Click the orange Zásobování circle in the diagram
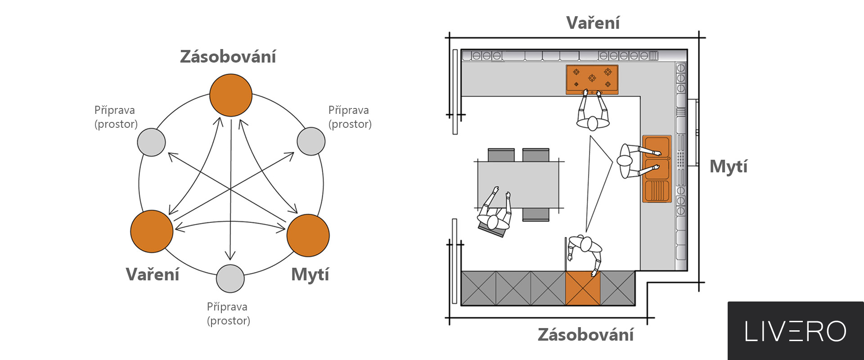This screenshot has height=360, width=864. [x=231, y=95]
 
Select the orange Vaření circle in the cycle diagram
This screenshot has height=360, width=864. [x=152, y=231]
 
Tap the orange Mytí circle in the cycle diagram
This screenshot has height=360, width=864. [x=308, y=235]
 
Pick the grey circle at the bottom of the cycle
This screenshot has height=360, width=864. [x=230, y=279]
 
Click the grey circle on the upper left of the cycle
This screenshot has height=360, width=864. [x=151, y=142]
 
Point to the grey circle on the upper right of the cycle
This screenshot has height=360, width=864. [x=311, y=141]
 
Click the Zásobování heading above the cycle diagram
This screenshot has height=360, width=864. [x=228, y=57]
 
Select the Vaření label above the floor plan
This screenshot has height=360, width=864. [x=593, y=23]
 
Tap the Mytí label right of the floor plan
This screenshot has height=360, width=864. [x=728, y=166]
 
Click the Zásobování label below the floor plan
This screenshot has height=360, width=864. [x=585, y=335]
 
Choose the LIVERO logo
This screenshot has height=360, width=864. [x=795, y=331]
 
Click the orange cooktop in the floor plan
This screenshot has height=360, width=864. [x=592, y=79]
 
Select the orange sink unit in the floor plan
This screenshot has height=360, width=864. [x=657, y=169]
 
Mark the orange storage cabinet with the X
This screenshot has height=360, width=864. [x=583, y=288]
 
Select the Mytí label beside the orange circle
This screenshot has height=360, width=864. [x=310, y=274]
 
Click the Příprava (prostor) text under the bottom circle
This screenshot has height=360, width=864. [x=228, y=314]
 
